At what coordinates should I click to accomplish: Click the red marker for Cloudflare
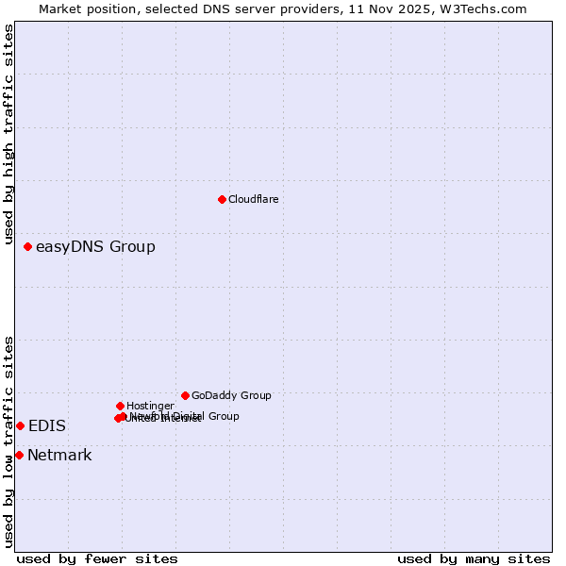(x=222, y=199)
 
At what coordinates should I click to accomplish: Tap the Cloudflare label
(x=253, y=199)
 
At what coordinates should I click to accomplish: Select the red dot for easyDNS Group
(x=27, y=246)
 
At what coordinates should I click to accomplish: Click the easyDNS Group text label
(x=95, y=247)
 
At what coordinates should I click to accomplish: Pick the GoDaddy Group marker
(x=185, y=395)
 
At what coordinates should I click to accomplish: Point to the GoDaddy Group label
(x=231, y=395)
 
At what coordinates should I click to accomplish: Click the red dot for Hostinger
(x=120, y=406)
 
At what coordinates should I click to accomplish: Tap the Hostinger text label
(x=150, y=406)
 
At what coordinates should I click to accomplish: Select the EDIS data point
(x=20, y=425)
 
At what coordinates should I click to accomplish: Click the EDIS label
(x=47, y=426)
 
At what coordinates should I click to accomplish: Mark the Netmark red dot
(x=19, y=455)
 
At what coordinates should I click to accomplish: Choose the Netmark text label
(x=59, y=456)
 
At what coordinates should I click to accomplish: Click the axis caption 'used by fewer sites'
(x=97, y=558)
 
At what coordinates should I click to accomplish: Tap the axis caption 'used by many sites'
(x=474, y=558)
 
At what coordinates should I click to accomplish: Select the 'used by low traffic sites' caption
(x=8, y=441)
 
